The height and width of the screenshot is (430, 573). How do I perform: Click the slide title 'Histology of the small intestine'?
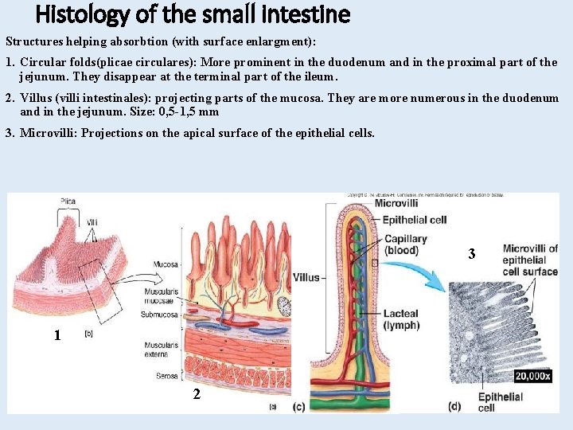pos(193,14)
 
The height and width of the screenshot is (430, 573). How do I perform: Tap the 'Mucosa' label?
pos(166,264)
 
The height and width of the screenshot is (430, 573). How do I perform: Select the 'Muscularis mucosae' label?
pos(162,297)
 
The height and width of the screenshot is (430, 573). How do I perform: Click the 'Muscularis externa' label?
pos(162,349)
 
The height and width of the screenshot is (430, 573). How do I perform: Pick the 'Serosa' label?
pos(166,375)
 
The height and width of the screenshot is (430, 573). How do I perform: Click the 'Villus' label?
pos(306,278)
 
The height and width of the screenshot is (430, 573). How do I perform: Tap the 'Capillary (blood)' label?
pos(405,244)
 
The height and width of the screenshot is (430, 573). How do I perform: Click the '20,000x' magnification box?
pos(532,376)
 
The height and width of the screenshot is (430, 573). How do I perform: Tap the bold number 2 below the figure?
pos(197,394)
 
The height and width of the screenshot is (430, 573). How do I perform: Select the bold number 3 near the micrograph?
pos(472,254)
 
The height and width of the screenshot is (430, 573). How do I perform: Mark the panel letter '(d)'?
pos(454,407)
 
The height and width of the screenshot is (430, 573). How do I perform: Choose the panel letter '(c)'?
pos(298,408)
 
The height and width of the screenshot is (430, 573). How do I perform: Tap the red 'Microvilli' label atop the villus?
pos(396,203)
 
